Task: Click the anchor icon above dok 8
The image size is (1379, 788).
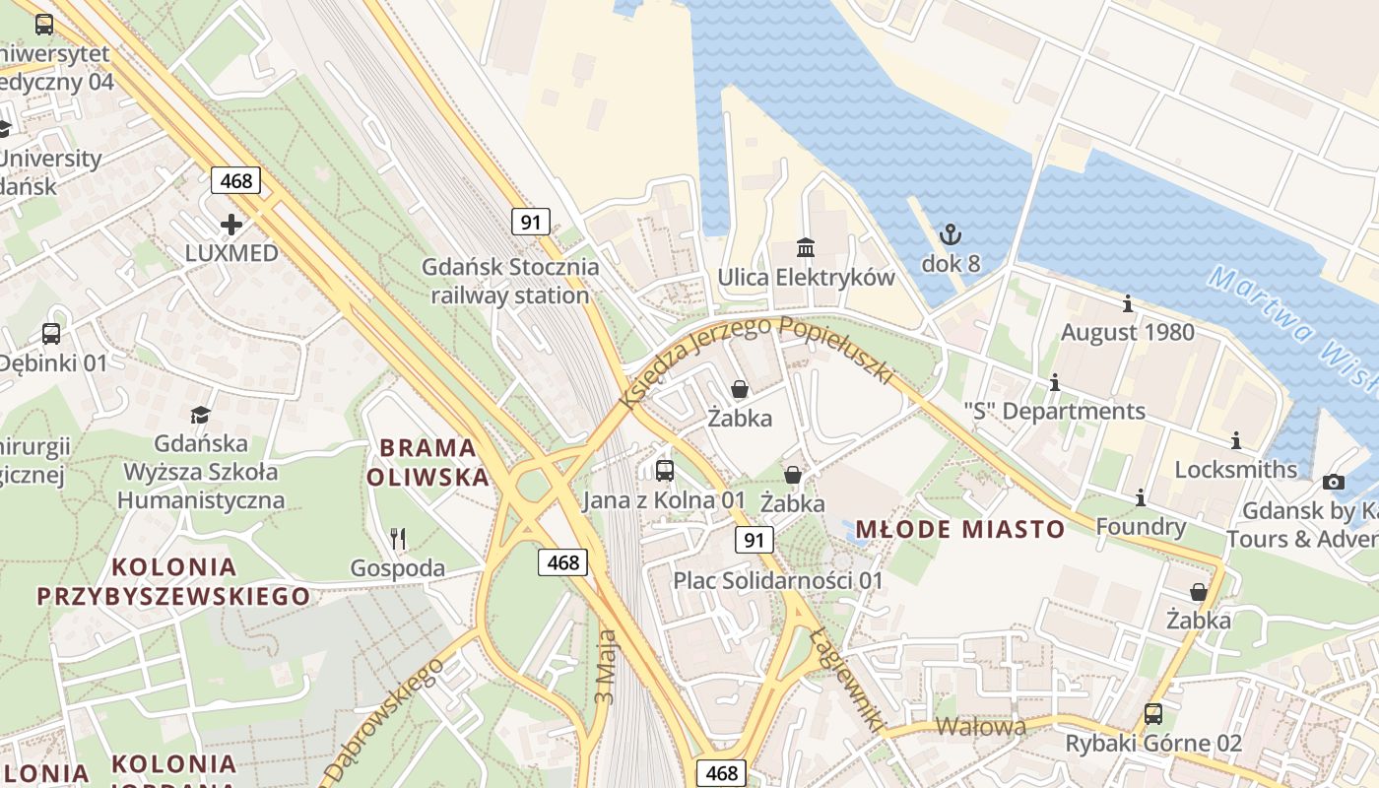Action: (951, 234)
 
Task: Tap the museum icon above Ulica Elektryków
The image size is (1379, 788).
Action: (806, 247)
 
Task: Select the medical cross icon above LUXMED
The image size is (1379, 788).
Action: (231, 225)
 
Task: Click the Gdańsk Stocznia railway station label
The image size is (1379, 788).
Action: (510, 281)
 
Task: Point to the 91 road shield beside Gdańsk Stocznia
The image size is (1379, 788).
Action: (530, 222)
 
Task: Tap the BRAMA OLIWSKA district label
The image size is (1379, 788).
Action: (427, 463)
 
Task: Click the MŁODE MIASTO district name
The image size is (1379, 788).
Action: (959, 530)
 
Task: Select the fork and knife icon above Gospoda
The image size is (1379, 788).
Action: (398, 538)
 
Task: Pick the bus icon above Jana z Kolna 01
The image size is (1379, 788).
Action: (665, 471)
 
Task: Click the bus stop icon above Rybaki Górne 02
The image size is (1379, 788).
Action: (1152, 714)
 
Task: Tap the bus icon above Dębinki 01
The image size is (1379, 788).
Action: (51, 335)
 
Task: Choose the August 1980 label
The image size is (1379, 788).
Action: (1127, 332)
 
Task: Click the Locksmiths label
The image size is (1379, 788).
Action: (1236, 469)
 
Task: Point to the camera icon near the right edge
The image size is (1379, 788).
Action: (1334, 482)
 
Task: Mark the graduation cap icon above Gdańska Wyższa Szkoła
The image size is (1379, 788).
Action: (201, 415)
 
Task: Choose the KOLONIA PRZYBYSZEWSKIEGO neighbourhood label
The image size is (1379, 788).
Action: (173, 581)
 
